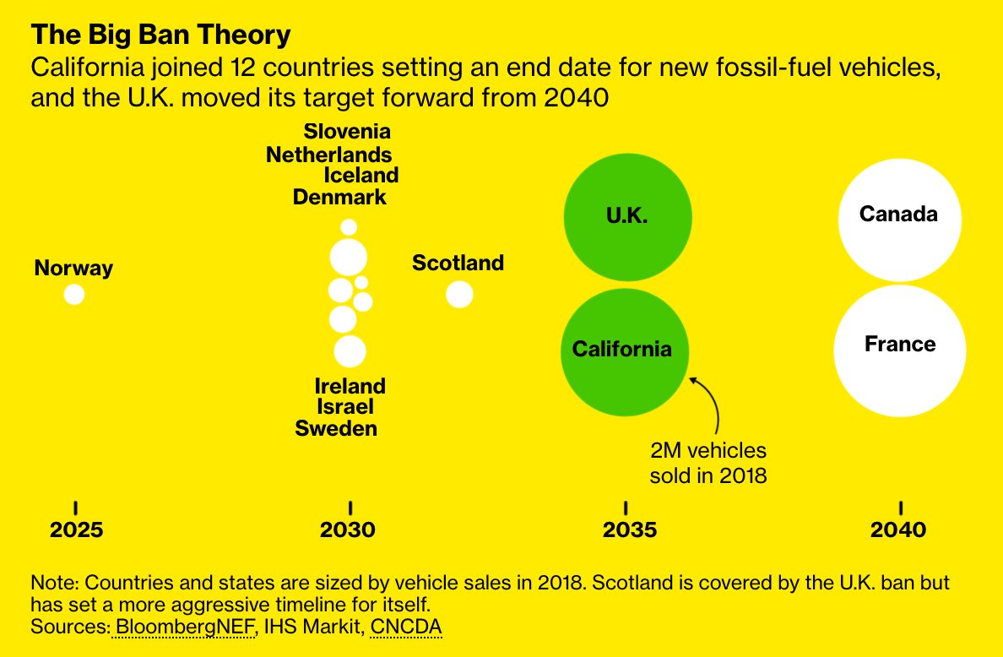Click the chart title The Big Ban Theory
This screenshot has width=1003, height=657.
160,35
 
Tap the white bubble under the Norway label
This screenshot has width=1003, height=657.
74,294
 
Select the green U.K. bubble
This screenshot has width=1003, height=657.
626,215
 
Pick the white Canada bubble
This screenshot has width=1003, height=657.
899,216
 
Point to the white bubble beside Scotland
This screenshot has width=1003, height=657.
459,294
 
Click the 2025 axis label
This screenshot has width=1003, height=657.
76,530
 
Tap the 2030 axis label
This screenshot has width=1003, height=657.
348,530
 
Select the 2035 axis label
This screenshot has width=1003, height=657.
629,530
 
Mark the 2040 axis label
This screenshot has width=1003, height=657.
898,530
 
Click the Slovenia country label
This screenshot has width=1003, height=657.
347,132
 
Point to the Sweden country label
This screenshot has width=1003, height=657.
336,428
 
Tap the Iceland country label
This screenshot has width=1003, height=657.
361,176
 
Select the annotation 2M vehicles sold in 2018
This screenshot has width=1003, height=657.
708,463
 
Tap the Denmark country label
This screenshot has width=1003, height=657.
339,198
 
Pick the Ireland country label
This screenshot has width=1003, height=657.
350,386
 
